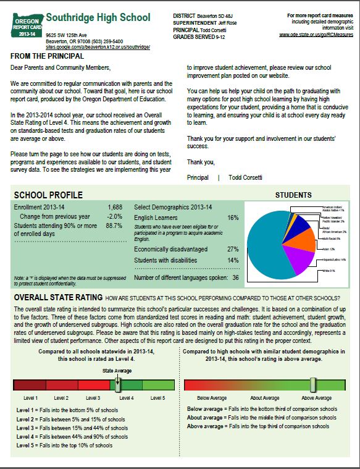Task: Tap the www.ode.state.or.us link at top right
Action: tap(316, 35)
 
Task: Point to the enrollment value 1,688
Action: tap(114, 206)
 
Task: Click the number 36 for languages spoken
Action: tap(235, 277)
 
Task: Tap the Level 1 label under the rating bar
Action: tap(31, 398)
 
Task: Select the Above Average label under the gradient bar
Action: tap(316, 398)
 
